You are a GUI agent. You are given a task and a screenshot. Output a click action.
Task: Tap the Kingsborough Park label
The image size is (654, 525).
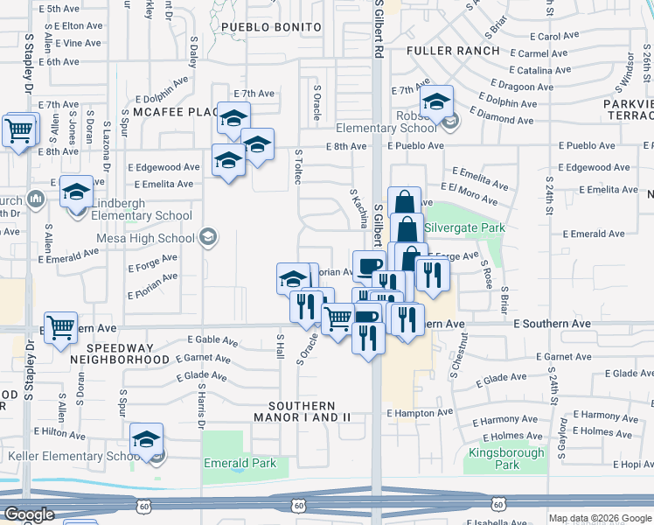[x=494, y=458]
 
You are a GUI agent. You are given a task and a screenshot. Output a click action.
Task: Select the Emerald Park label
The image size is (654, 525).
[x=238, y=463]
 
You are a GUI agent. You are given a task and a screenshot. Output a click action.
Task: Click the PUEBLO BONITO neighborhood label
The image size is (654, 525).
[x=271, y=27]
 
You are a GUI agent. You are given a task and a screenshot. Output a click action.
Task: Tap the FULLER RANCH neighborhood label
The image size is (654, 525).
[x=454, y=51]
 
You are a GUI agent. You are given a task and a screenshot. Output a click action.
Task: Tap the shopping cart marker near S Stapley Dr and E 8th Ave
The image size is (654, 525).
[x=18, y=130]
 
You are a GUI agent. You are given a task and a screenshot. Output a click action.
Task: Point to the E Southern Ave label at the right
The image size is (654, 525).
[x=553, y=324]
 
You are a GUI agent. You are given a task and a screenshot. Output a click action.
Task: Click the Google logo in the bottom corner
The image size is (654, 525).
[x=29, y=514]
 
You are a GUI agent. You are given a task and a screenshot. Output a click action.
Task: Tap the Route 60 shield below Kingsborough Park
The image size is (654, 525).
[x=497, y=504]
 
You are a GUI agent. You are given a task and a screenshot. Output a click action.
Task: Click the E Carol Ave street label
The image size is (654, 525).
[x=556, y=37]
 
